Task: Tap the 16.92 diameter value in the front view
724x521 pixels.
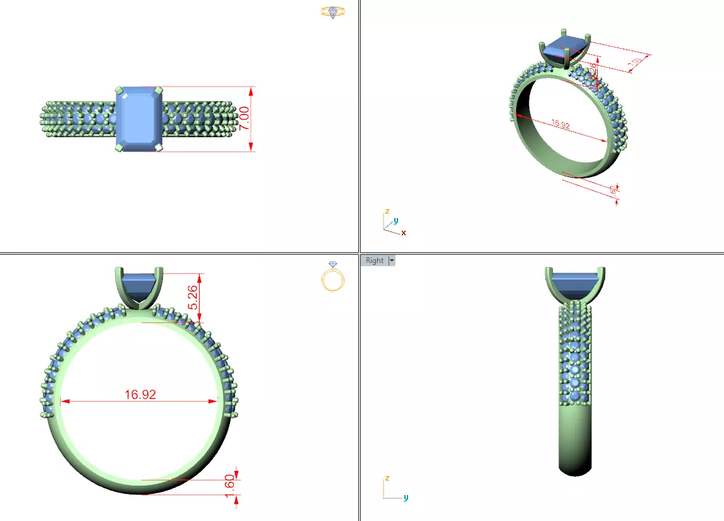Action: click(140, 395)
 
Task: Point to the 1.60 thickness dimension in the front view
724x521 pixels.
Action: click(230, 486)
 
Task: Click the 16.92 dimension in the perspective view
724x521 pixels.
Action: click(560, 125)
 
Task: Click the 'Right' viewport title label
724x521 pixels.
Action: click(374, 260)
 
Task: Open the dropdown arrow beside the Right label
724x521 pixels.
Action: click(392, 260)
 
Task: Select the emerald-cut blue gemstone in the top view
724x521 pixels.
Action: click(140, 119)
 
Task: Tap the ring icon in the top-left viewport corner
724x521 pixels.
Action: click(332, 11)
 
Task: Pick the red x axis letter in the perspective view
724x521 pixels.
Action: click(404, 233)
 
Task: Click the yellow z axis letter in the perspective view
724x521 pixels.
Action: click(386, 211)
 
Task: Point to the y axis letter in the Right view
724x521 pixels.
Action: click(406, 498)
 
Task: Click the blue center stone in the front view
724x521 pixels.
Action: click(140, 285)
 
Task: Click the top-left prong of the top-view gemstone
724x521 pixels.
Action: click(119, 90)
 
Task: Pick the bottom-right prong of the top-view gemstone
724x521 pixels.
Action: click(159, 147)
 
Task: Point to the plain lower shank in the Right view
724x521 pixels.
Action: click(576, 436)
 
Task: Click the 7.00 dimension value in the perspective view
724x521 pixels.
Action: click(636, 61)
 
